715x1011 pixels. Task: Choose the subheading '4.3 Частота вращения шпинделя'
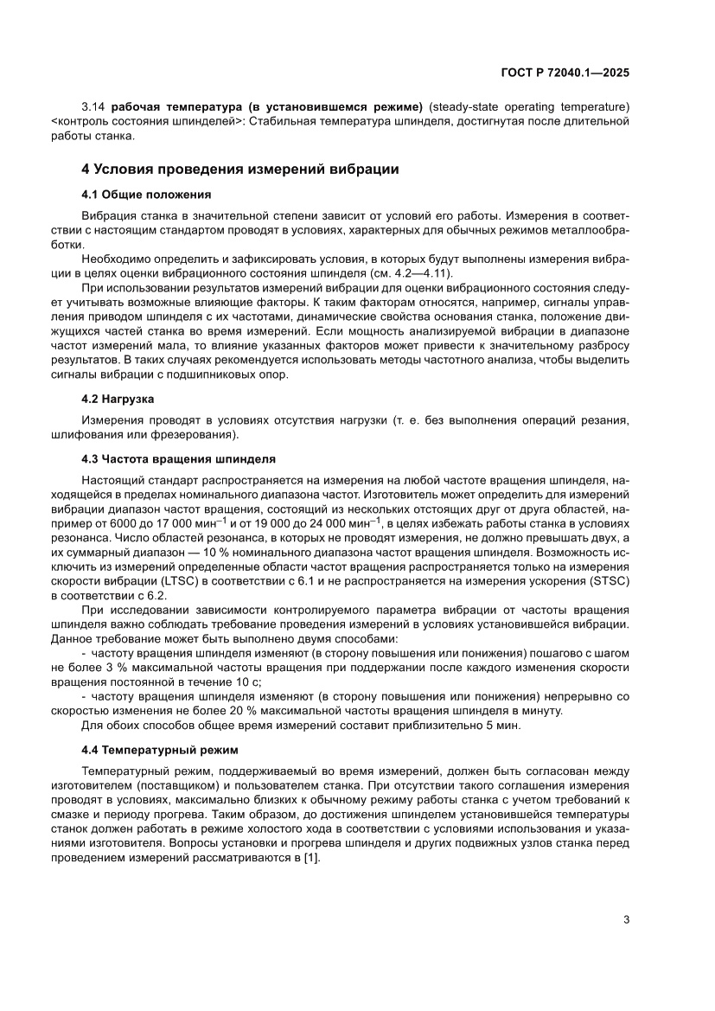pos(178,458)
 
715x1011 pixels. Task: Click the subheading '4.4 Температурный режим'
pos(159,749)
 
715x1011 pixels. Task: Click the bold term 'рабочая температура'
pos(172,106)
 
